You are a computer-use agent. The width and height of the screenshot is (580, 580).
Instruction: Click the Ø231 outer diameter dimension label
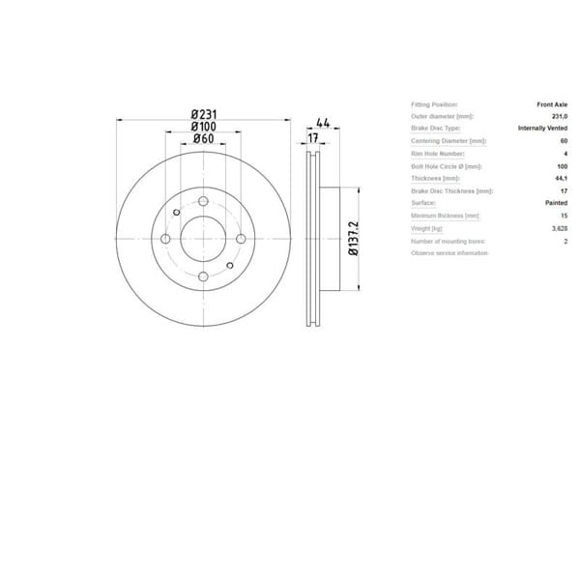pos(203,114)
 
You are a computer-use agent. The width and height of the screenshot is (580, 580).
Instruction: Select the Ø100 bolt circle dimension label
pos(203,127)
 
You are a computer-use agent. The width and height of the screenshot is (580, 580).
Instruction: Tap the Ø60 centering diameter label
pos(203,139)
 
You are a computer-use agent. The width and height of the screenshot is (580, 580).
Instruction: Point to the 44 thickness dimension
pos(323,124)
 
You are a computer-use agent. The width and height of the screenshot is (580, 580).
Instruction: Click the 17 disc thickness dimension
pos(312,138)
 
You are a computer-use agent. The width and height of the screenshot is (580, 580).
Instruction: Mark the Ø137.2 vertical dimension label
pos(354,238)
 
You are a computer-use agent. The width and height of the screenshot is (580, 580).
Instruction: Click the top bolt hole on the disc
pos(203,201)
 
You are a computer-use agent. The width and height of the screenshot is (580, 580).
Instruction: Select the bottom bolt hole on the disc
pos(203,276)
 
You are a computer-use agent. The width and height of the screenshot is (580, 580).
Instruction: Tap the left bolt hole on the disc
pos(165,239)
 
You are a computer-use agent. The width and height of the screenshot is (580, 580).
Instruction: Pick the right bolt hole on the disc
pos(241,239)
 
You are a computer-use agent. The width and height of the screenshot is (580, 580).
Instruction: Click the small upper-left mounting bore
pos(176,214)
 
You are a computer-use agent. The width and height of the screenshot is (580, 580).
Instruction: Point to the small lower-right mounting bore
pos(230,265)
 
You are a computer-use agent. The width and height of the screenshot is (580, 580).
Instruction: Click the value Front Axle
pos(552,103)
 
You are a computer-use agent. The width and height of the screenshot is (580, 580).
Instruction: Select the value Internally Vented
pos(543,129)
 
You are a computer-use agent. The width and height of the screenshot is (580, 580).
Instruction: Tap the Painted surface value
pos(556,203)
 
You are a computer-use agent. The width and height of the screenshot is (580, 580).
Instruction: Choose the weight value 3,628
pos(559,228)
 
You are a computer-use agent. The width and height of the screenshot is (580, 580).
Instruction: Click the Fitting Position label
pos(434,103)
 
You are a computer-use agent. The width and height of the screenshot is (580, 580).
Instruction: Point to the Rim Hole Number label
pos(438,154)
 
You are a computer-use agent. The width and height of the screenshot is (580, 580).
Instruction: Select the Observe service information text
pos(449,252)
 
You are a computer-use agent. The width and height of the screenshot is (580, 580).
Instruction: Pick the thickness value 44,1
pos(560,178)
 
